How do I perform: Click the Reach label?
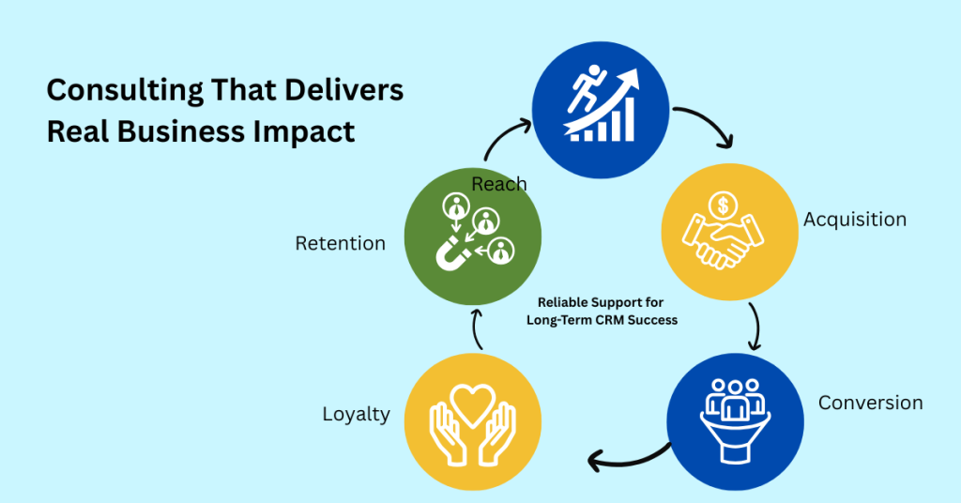pos(498,184)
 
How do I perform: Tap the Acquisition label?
pos(854,220)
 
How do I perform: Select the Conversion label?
pos(870,403)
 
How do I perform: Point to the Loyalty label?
pos(356,414)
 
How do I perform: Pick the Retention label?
pos(340,243)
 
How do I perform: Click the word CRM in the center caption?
pos(619,320)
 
